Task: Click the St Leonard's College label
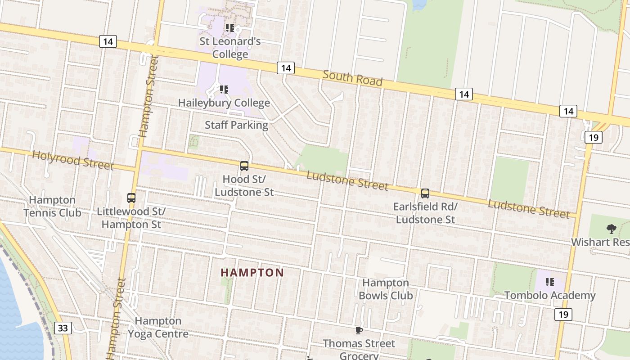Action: coord(230,48)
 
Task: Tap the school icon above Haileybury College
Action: coord(224,89)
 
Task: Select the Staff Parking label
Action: coord(236,125)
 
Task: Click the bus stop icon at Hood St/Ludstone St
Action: coord(244,166)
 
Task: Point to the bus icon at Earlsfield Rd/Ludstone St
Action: coord(425,193)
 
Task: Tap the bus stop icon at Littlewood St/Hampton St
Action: coord(131,198)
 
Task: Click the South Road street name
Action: coord(352,78)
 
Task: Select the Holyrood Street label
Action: coord(73,160)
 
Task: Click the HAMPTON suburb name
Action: coord(252,273)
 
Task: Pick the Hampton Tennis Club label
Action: coord(52,206)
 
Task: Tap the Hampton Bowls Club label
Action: coord(386,289)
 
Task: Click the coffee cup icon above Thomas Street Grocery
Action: coord(359,331)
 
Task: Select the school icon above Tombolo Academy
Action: coord(549,282)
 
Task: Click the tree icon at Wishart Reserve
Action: coord(611,229)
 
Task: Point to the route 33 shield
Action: coord(63,328)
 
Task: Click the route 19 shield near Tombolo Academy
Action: coord(564,314)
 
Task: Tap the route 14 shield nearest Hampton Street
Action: coord(108,42)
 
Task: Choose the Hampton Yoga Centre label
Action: coord(158,327)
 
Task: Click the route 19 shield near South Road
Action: coord(593,137)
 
